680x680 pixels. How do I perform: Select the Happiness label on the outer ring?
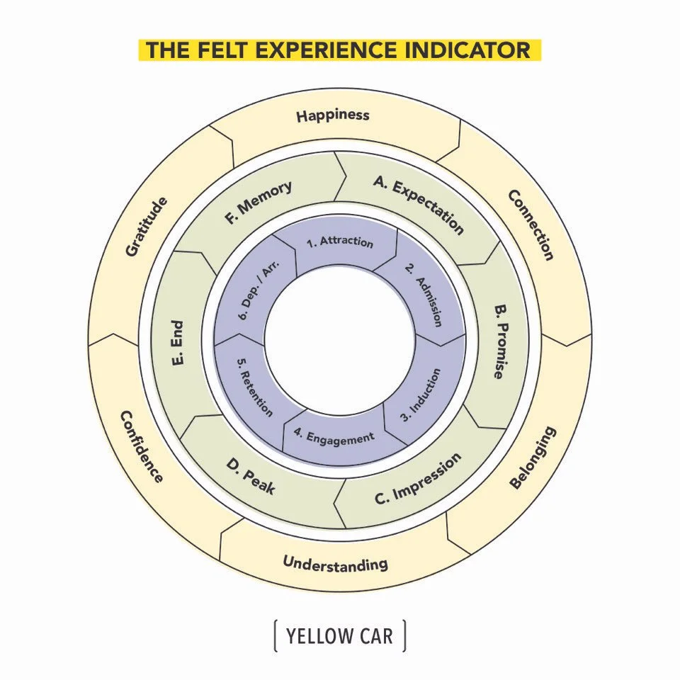click(x=333, y=115)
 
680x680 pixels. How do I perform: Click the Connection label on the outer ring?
click(x=531, y=225)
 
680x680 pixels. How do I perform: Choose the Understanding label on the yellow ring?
click(x=335, y=563)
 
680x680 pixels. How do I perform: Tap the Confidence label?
click(x=142, y=446)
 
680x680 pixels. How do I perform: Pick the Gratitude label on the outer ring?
click(x=147, y=227)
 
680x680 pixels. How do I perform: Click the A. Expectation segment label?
click(x=419, y=205)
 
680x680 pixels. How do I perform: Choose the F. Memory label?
click(x=259, y=203)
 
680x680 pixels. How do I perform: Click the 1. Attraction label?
click(x=339, y=242)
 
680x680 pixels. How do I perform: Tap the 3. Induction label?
click(x=421, y=395)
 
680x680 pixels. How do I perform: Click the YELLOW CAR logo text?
click(x=339, y=636)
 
